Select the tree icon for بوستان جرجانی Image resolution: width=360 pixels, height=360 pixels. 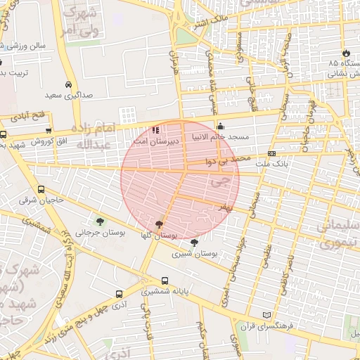(101, 221)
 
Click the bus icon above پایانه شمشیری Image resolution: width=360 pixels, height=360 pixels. (165, 281)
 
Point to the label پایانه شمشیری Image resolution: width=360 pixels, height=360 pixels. (165, 291)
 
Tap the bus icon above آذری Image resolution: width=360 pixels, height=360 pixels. (117, 295)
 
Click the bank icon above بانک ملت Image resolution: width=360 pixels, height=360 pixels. (271, 153)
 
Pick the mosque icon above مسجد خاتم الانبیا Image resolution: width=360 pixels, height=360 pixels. (220, 126)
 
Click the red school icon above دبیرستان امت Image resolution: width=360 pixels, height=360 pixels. (155, 129)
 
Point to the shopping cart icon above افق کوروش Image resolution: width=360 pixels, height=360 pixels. (48, 130)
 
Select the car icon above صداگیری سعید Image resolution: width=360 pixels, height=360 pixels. (68, 82)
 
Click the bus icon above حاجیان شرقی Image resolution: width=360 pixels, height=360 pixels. (41, 189)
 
